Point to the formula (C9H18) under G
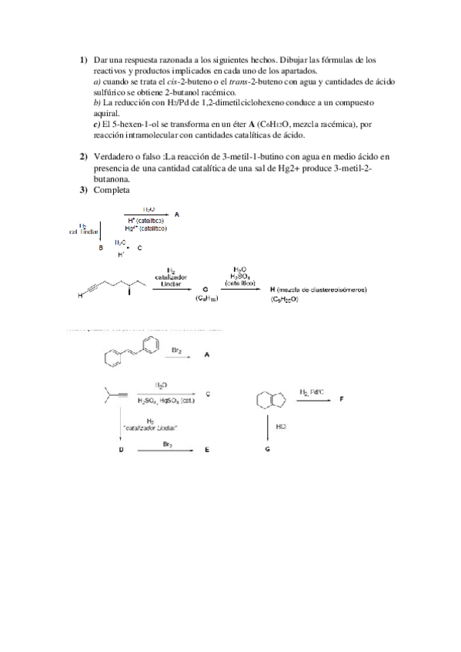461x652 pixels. (x=207, y=298)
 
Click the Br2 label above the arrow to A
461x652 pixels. (x=176, y=350)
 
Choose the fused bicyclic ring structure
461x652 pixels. (x=267, y=401)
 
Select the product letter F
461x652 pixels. (x=342, y=400)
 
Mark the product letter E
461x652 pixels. (x=207, y=451)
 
